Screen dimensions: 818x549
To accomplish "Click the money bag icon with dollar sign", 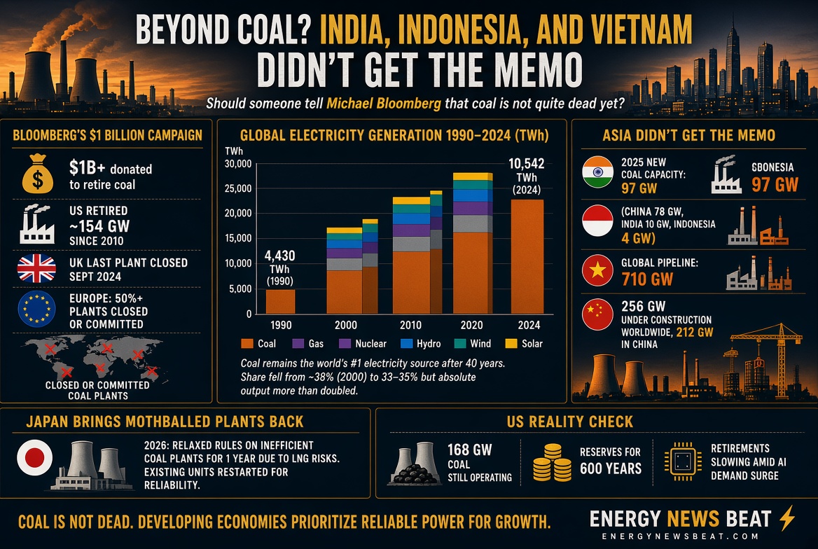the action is click(38, 174).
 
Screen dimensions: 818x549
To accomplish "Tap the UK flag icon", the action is click(36, 268).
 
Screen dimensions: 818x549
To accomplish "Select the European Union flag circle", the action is click(36, 309).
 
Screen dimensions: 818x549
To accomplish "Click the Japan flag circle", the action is click(34, 458).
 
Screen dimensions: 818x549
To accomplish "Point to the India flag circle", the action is click(597, 172).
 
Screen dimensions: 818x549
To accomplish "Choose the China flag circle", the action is click(597, 314).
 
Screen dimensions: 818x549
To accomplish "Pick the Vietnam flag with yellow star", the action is click(597, 270).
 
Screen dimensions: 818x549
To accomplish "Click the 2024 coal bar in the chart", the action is click(527, 256).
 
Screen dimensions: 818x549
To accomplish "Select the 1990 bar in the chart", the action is click(280, 301).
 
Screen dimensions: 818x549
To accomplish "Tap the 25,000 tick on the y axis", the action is click(238, 188).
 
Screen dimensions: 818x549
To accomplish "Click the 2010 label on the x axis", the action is click(410, 325).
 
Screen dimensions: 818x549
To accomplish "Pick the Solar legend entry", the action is click(525, 343).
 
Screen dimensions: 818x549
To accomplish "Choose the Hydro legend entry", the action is click(420, 343).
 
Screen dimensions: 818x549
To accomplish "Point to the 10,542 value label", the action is click(527, 163).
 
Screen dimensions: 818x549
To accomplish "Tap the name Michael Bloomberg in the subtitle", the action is click(384, 104).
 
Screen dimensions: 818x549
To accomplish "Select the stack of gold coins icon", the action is click(552, 462).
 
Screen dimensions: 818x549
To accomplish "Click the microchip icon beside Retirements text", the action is click(683, 461).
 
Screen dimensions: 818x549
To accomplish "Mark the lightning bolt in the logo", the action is click(787, 517).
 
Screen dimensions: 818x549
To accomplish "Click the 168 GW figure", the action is click(469, 450).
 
